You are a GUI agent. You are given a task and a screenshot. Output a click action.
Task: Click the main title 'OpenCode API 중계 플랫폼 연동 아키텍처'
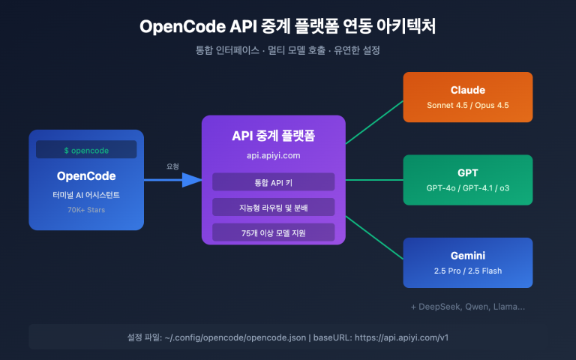pos(288,26)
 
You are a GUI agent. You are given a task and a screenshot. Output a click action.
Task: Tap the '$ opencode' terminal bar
pos(86,150)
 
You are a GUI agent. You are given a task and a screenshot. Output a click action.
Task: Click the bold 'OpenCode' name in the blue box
pos(86,176)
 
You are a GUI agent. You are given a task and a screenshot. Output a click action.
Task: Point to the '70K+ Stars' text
pos(86,211)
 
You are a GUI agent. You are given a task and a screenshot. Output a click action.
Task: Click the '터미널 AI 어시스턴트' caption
pos(86,196)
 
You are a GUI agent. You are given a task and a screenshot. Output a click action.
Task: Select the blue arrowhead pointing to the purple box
pos(192,180)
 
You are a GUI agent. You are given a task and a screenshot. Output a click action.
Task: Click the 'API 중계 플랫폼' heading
pos(273,137)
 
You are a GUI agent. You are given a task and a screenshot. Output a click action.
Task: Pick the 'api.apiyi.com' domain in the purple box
pos(273,156)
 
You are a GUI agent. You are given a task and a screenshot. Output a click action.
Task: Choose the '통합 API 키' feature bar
pos(273,182)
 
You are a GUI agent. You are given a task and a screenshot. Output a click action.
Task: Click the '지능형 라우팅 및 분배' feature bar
pos(273,207)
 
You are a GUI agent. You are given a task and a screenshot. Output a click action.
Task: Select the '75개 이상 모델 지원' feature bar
pos(273,232)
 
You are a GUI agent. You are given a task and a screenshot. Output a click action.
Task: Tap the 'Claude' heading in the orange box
pos(468,90)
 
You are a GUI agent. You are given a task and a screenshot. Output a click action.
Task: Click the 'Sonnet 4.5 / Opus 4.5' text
pos(468,105)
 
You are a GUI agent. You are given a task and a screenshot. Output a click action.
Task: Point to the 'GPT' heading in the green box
pos(468,172)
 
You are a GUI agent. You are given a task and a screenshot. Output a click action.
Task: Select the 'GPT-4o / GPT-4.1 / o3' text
pos(468,187)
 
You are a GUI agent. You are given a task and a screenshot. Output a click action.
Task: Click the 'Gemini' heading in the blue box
pos(468,255)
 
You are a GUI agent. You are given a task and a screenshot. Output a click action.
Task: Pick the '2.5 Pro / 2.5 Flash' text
pos(468,270)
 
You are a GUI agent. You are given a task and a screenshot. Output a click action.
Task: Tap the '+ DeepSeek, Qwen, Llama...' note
pos(468,307)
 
